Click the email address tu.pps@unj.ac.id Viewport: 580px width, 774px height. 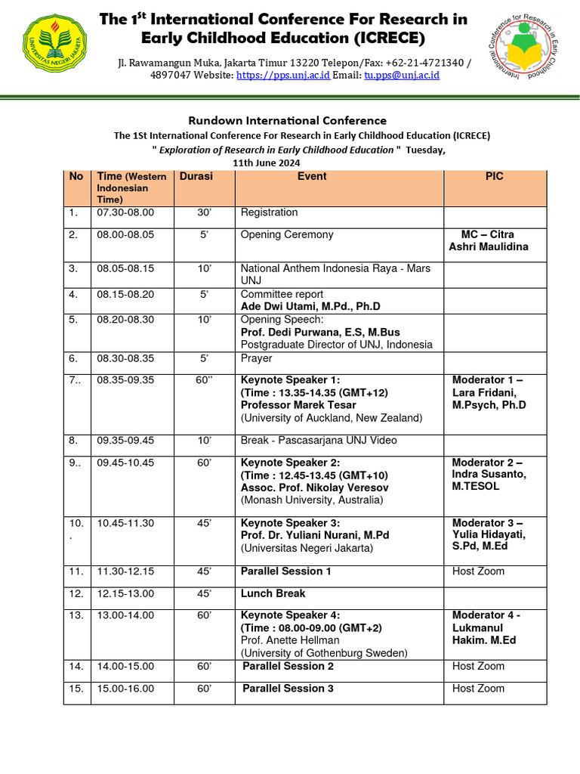(402, 76)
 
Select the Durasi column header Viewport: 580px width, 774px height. (196, 176)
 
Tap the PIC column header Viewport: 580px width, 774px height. (494, 176)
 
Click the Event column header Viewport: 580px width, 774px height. (312, 176)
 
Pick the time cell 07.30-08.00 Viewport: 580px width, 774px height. (125, 212)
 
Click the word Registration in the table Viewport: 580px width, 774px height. (269, 212)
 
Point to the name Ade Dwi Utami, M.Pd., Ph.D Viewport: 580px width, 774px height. (310, 306)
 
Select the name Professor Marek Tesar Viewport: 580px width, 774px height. (298, 405)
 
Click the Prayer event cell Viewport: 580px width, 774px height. (256, 358)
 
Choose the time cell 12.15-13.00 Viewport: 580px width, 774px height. (125, 593)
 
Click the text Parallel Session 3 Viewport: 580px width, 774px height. (288, 688)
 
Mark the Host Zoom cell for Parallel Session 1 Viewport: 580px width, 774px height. (478, 571)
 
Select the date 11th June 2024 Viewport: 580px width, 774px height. (267, 163)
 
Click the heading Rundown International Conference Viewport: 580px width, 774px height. (287, 120)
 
